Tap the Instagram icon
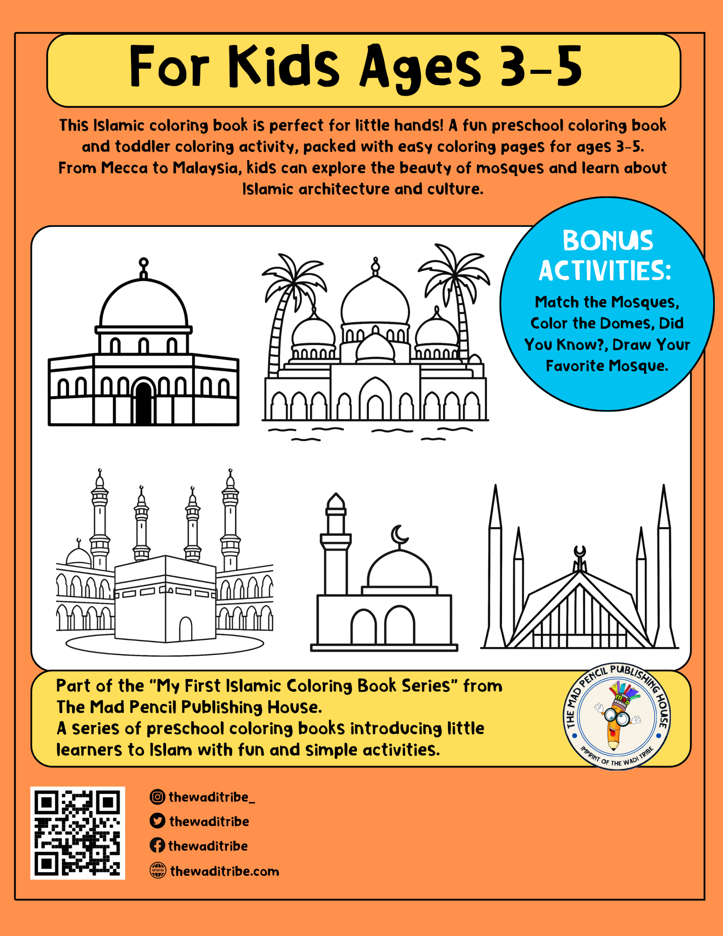pos(157,797)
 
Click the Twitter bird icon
pos(157,821)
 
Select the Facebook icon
pos(157,846)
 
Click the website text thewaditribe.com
pos(224,871)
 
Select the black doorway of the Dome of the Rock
pos(144,403)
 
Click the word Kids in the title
pos(283,67)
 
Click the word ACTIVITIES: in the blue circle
pos(604,271)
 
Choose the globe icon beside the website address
pos(158,871)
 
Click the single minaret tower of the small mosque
pos(336,544)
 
